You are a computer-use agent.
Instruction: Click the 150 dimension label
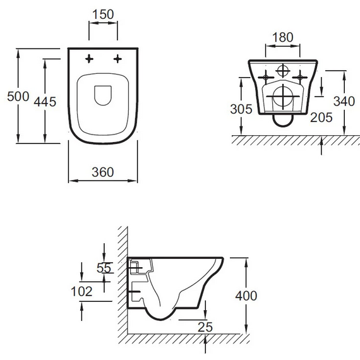[103, 15]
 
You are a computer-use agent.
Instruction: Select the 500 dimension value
[18, 96]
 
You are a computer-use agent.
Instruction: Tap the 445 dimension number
[45, 102]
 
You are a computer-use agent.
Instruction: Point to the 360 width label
[103, 172]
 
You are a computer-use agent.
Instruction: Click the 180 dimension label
[282, 37]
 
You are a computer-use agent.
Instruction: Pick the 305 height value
[241, 109]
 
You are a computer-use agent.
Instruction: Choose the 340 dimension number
[344, 101]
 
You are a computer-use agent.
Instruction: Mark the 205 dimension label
[321, 117]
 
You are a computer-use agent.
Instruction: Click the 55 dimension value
[104, 268]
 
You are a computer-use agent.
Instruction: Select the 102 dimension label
[81, 292]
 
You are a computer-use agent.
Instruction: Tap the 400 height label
[246, 296]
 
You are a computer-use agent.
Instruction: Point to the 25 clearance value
[205, 327]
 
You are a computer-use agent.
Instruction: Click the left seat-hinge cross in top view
[89, 59]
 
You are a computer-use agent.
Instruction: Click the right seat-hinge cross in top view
[117, 59]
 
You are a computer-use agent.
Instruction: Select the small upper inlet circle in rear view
[282, 71]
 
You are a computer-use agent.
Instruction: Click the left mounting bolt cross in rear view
[266, 78]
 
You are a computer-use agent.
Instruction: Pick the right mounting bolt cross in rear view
[300, 78]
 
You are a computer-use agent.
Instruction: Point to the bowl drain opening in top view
[103, 95]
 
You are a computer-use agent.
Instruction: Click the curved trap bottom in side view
[160, 319]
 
